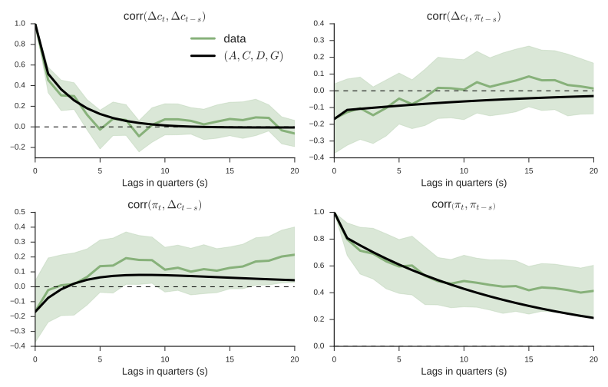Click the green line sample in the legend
[x=203, y=38]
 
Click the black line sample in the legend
[x=203, y=55]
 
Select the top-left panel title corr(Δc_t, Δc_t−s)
[x=165, y=15]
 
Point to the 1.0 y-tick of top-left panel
[x=20, y=24]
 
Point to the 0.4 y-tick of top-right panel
[x=319, y=24]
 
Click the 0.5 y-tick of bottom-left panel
[x=20, y=212]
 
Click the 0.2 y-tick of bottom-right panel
[x=319, y=319]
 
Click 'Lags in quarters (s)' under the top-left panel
[x=165, y=183]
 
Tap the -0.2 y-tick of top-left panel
[x=18, y=147]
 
